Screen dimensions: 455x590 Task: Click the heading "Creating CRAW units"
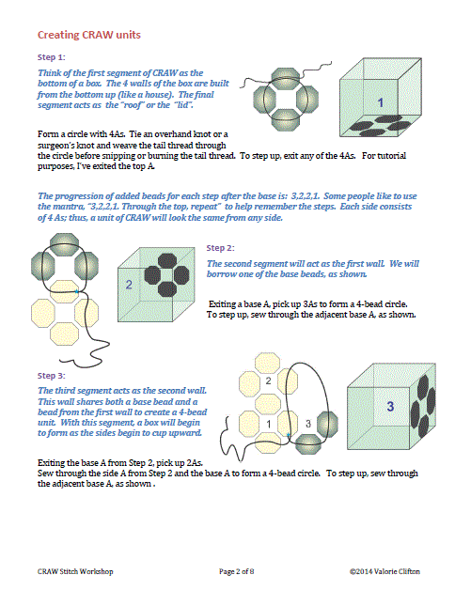pos(89,35)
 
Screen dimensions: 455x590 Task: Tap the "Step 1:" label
pos(51,57)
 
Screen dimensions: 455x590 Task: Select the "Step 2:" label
pos(220,248)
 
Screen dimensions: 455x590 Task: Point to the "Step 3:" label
pos(51,376)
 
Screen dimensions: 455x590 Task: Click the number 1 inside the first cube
pos(381,102)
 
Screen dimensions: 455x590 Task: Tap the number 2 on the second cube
pos(129,285)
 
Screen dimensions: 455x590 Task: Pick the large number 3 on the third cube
pos(390,407)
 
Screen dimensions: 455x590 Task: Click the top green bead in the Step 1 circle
pos(286,78)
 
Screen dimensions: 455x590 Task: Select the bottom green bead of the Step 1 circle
pos(286,120)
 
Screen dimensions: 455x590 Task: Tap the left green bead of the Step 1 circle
pos(265,100)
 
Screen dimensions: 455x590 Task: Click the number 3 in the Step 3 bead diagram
pos(308,424)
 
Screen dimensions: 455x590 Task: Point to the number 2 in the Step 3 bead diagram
pos(268,380)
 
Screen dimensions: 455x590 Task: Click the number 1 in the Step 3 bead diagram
pos(269,425)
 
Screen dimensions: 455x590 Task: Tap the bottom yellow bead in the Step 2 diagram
pos(65,334)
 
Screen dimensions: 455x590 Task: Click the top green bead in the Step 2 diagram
pos(65,243)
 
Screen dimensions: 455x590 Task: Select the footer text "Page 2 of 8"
pos(237,571)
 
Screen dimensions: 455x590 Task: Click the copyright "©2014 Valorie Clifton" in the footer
pos(384,571)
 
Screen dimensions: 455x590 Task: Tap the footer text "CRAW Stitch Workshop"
pos(75,571)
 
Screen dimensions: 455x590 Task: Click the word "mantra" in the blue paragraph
pos(72,207)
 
